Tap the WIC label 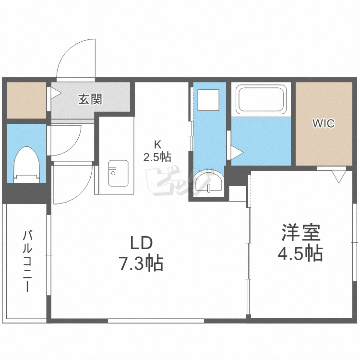tap(323, 123)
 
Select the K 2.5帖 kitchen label tap(156, 150)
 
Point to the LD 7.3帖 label tap(141, 253)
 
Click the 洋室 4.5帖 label tap(300, 243)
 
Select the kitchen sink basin tap(118, 173)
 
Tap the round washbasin tap(209, 182)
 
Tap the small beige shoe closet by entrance tap(26, 100)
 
